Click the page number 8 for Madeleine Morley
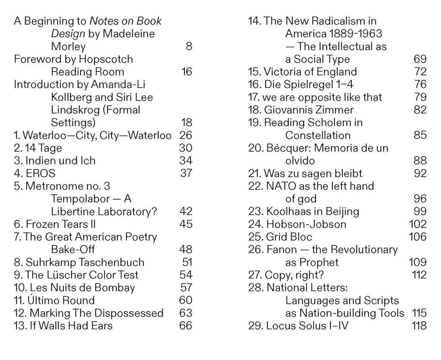coord(189,46)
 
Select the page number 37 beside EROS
coord(186,173)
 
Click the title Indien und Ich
coord(60,161)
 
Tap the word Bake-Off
coord(73,250)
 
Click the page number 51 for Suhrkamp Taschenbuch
coord(186,262)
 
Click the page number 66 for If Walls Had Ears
coord(186,326)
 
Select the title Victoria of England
coord(310,72)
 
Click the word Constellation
coord(318,135)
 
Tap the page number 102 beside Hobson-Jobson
coord(417,224)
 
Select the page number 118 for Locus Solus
coord(419,326)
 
